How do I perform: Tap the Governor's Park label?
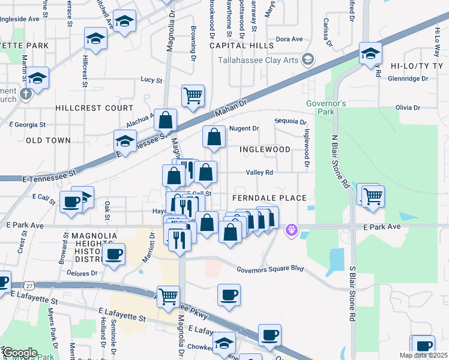coord(326,108)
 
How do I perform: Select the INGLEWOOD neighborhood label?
coord(265,149)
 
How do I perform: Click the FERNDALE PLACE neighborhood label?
coord(270,198)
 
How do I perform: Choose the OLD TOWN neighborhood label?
coord(48,140)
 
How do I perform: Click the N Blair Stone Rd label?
coord(340,161)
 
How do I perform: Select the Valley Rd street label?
coord(260,172)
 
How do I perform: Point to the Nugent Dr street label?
coord(244,128)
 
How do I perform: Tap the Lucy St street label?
coord(151,79)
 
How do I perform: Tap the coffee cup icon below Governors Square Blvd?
coord(229,295)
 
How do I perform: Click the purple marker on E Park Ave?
coord(292,229)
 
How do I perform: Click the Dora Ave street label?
coord(289,39)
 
